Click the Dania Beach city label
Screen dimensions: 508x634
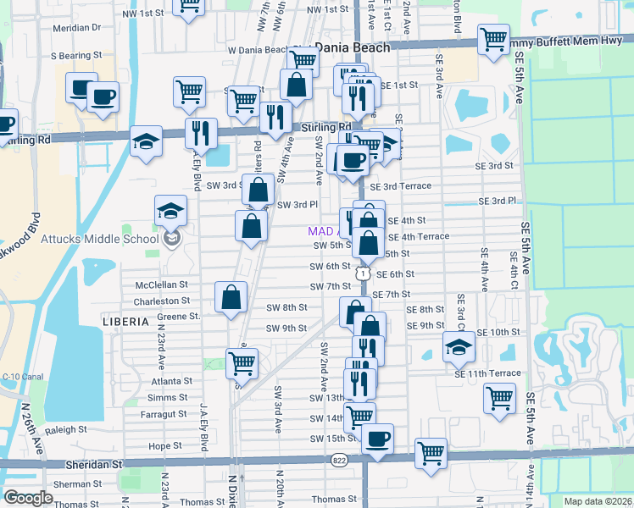[x=352, y=47]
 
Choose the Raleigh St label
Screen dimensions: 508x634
[x=73, y=429]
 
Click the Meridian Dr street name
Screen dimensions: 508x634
[x=76, y=27]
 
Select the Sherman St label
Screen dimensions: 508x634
[x=75, y=484]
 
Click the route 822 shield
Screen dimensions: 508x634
[x=340, y=460]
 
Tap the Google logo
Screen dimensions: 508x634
[x=28, y=498]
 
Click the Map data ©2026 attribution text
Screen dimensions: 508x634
[x=597, y=501]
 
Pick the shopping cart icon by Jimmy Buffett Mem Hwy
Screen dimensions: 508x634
[x=492, y=39]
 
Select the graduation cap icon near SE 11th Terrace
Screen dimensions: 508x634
[x=458, y=346]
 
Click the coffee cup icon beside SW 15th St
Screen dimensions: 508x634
[x=377, y=439]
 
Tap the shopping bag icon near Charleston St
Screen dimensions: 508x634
[x=231, y=297]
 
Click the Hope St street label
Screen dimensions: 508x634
[x=164, y=445]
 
